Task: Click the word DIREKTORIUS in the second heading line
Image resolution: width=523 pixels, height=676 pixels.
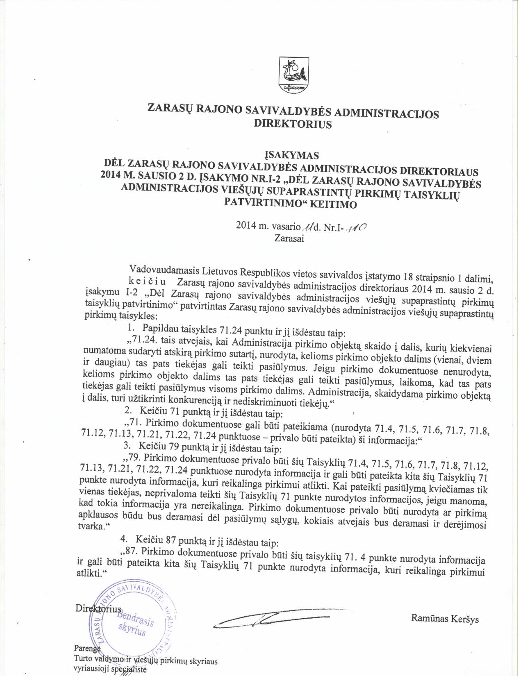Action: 293,125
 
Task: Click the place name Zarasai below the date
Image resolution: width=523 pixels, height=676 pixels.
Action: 289,238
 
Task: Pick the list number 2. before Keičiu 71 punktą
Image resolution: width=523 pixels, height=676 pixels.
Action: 127,410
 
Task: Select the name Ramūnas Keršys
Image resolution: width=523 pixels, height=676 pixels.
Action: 445,619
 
